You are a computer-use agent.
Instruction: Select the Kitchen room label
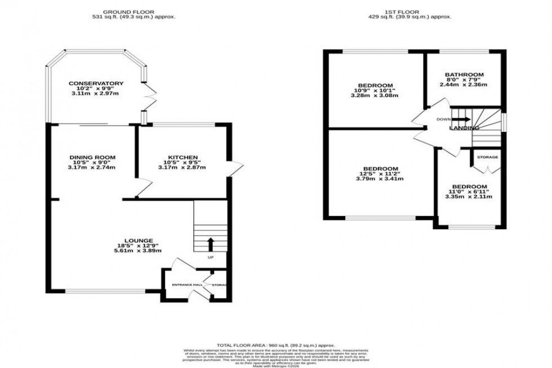click(183, 157)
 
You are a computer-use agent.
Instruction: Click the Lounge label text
click(139, 240)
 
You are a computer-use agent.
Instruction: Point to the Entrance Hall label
click(187, 285)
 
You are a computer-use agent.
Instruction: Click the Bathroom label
click(464, 74)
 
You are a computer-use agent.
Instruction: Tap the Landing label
click(464, 128)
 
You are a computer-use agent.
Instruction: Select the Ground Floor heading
click(134, 11)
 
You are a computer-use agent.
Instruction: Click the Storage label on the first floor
click(487, 157)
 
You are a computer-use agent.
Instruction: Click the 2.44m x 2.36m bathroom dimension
click(464, 85)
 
